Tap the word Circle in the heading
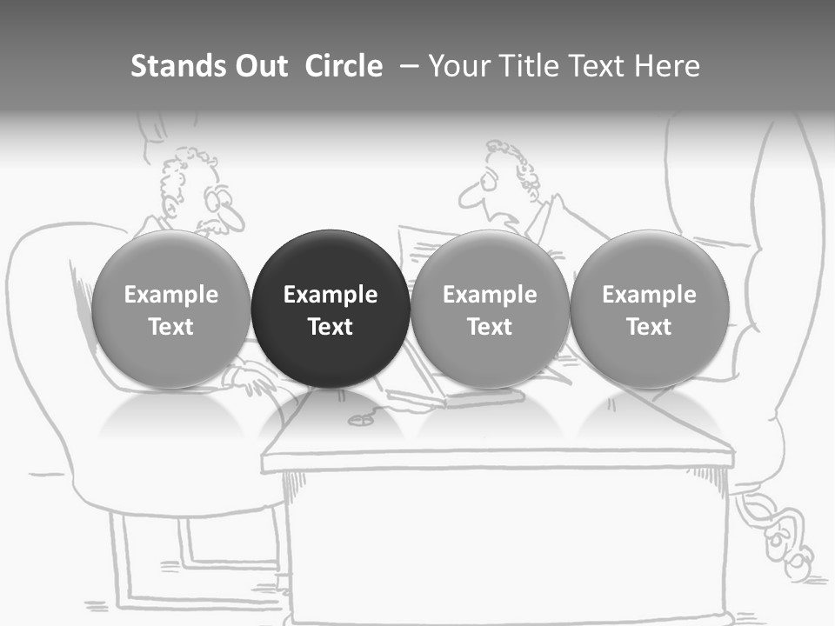[344, 66]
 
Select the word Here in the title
[667, 66]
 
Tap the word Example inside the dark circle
[331, 295]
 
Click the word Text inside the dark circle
[331, 327]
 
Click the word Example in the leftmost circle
[171, 295]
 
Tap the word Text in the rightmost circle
[649, 327]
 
